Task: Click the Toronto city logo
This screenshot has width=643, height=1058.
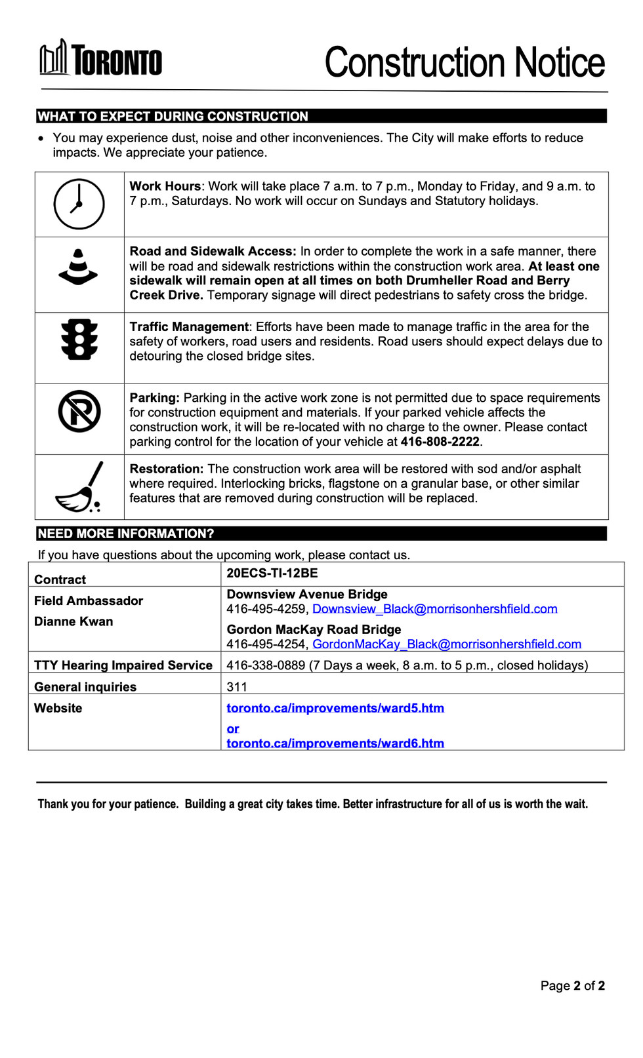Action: point(100,59)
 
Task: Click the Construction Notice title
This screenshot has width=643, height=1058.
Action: point(465,62)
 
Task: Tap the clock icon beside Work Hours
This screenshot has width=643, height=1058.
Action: point(79,204)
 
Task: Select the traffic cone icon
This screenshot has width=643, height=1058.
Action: point(78,267)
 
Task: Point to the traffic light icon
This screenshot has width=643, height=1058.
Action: point(79,340)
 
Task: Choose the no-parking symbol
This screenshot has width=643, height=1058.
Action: point(79,412)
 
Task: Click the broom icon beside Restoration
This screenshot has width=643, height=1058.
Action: point(79,487)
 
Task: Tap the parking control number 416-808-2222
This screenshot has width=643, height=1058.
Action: point(440,442)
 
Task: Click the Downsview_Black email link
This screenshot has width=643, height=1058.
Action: point(434,609)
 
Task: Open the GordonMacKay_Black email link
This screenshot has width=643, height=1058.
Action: point(446,644)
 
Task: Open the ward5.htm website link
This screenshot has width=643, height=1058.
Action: point(335,708)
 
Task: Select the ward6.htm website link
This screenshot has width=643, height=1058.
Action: point(335,743)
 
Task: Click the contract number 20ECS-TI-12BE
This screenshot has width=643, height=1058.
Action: point(272,573)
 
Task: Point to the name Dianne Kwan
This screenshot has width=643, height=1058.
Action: point(73,621)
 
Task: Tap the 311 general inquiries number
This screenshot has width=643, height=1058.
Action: point(237,687)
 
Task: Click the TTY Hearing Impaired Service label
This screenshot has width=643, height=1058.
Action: point(123,665)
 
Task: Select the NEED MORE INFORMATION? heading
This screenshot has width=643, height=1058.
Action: point(126,534)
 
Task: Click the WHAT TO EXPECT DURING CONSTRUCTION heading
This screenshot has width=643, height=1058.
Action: point(173,117)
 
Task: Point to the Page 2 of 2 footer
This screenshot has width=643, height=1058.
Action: point(572,986)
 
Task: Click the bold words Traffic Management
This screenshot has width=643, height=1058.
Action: point(189,327)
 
